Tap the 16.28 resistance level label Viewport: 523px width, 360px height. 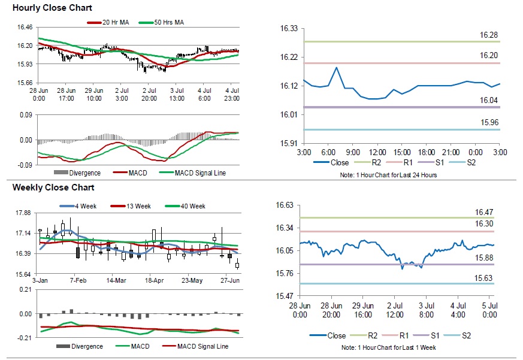pos(489,36)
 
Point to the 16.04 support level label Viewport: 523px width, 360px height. pos(489,101)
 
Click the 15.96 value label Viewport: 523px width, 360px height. pos(489,123)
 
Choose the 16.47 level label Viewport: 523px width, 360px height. pos(484,212)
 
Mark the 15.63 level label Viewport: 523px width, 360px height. pos(484,278)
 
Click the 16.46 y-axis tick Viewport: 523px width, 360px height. pos(25,28)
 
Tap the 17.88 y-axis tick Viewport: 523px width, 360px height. pos(23,213)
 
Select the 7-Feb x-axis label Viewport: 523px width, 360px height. pos(79,280)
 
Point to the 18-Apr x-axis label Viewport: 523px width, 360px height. pos(154,280)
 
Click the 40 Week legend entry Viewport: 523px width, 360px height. pos(192,206)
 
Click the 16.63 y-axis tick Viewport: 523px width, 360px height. pos(285,205)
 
